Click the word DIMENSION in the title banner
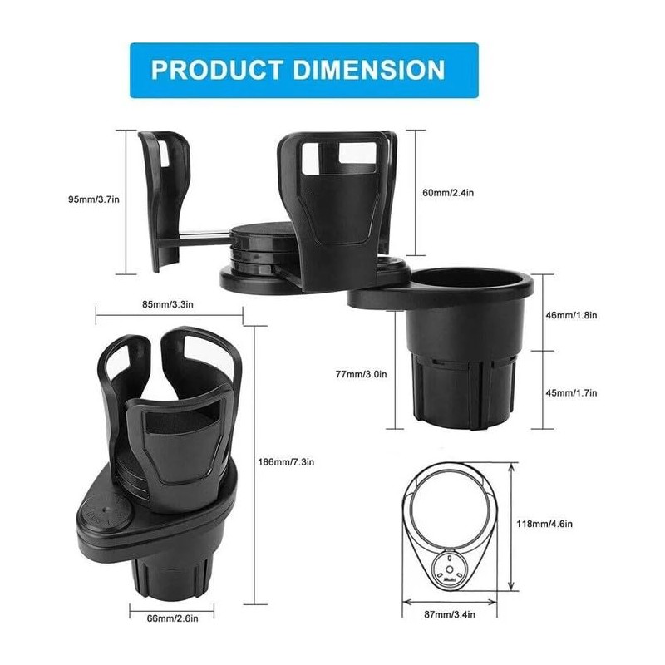coord(370,69)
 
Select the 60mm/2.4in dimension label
coord(448,193)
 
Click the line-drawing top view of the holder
coord(452,532)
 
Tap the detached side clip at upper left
coord(165,199)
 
